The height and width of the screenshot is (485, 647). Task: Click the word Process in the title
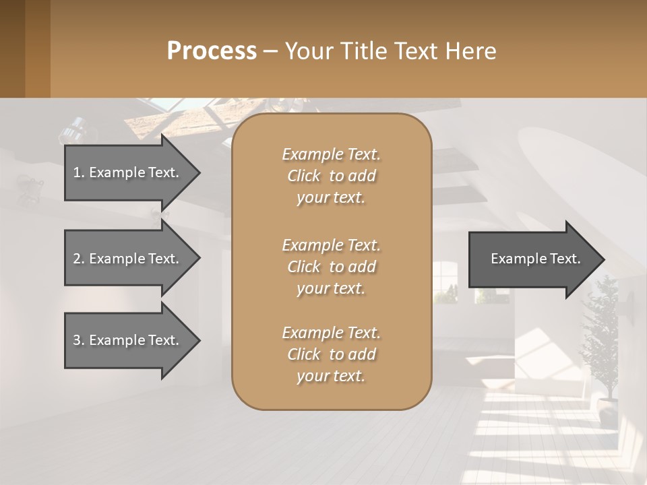click(211, 51)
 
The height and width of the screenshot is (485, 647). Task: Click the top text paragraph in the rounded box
click(331, 176)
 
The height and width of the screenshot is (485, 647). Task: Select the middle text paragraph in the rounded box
click(331, 267)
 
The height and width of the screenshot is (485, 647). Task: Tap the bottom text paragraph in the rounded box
click(331, 354)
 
